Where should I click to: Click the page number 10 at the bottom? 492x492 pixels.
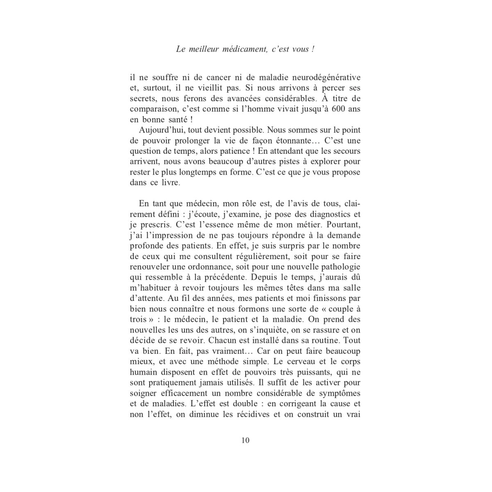click(x=246, y=441)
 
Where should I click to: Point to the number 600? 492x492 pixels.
click(x=333, y=109)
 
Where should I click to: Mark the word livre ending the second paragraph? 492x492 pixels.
click(x=170, y=183)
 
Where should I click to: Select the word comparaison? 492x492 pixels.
click(x=152, y=109)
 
